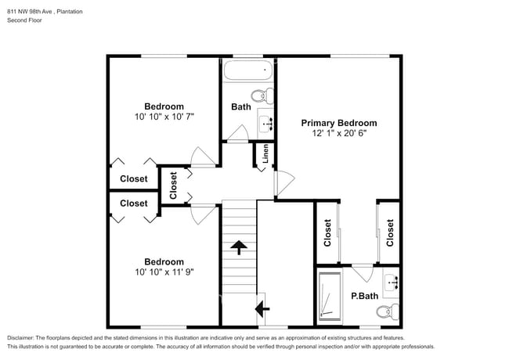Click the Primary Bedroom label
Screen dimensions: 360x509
point(339,123)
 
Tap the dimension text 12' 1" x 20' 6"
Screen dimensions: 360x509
point(339,133)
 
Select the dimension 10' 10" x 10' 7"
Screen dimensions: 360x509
point(164,117)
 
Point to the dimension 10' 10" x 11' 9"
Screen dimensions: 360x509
point(164,272)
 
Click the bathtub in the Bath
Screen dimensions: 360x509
point(245,73)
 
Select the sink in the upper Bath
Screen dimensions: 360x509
point(266,124)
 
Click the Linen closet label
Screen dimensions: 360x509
point(265,154)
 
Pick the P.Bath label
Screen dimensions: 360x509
point(364,296)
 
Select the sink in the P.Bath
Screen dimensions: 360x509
point(391,281)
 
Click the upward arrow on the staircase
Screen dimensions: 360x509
point(239,248)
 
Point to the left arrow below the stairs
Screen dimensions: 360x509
point(258,310)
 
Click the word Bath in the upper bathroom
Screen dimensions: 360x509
point(240,107)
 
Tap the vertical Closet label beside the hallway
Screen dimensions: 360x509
point(173,185)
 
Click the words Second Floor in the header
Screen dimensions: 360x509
point(25,20)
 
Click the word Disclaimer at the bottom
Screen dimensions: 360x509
point(23,337)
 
